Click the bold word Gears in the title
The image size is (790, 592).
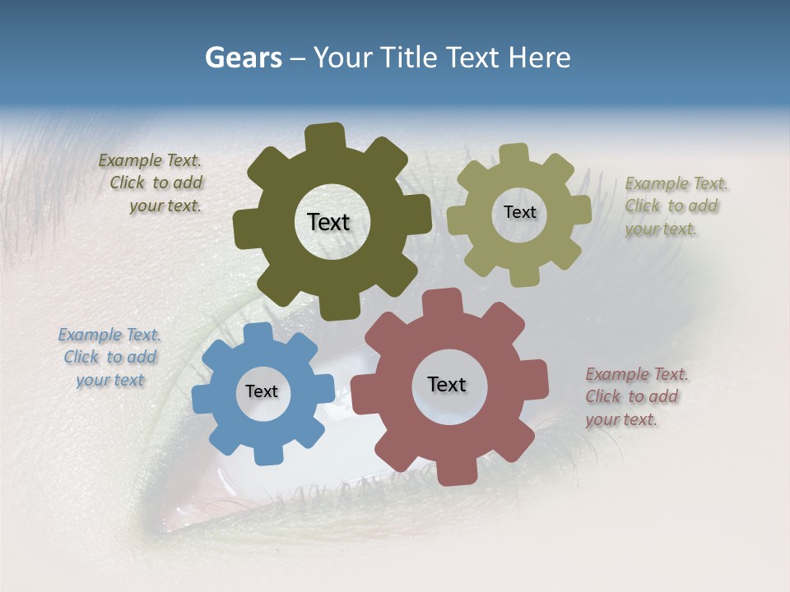click(x=243, y=58)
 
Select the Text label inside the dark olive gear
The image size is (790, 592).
click(x=328, y=222)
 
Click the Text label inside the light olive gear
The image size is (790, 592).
click(x=519, y=212)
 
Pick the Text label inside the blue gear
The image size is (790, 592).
click(x=262, y=391)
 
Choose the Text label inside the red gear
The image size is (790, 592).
click(x=447, y=384)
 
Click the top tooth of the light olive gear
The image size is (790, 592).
click(x=514, y=155)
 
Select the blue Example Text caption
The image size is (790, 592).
click(x=110, y=357)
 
